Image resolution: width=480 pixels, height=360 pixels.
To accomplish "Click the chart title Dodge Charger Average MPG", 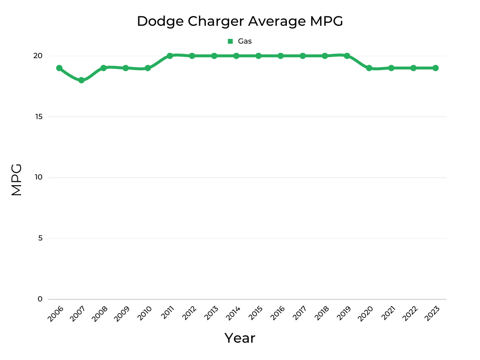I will pyautogui.click(x=240, y=21).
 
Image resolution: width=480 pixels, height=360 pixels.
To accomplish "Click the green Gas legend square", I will pyautogui.click(x=230, y=41).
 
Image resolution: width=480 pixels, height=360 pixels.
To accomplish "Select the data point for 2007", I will pyautogui.click(x=82, y=80).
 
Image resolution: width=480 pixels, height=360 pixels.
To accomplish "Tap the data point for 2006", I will pyautogui.click(x=60, y=68).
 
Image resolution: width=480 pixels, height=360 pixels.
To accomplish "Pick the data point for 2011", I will pyautogui.click(x=170, y=56).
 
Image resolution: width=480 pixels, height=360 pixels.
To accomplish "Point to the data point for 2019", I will pyautogui.click(x=347, y=56).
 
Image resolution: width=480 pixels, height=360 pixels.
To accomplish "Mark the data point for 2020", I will pyautogui.click(x=369, y=68).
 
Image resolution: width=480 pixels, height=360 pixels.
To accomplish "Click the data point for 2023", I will pyautogui.click(x=435, y=68).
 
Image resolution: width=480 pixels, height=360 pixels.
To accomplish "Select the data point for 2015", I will pyautogui.click(x=258, y=56).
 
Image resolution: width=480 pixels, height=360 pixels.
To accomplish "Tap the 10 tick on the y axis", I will pyautogui.click(x=37, y=177).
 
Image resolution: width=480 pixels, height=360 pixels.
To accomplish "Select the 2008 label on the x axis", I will pyautogui.click(x=99, y=314).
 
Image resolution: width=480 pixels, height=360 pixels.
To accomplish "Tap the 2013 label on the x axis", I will pyautogui.click(x=210, y=314).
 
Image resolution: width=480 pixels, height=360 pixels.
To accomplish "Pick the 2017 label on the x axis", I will pyautogui.click(x=299, y=314).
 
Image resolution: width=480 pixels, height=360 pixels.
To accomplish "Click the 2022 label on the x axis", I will pyautogui.click(x=409, y=314).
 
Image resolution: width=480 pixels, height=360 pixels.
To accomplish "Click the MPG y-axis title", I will pyautogui.click(x=16, y=180).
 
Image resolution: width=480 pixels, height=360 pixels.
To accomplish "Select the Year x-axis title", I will pyautogui.click(x=240, y=338).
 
